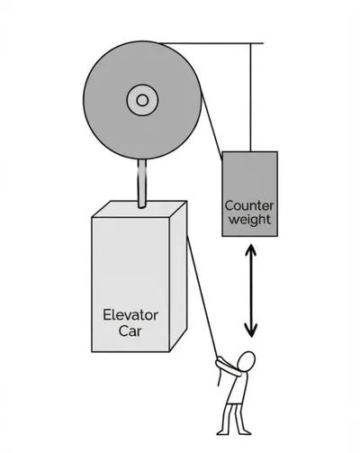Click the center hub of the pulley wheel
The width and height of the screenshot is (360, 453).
140,99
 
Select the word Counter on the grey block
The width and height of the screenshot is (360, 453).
250,205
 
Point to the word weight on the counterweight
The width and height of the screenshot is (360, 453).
250,219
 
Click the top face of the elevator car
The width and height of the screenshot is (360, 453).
139,210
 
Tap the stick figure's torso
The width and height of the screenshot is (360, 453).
237,385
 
